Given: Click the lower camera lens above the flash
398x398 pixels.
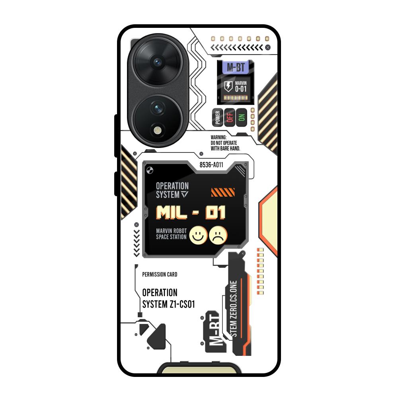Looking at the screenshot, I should (158, 107).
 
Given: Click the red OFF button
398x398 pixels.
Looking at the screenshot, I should (229, 117).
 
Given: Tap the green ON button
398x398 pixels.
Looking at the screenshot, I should (241, 117).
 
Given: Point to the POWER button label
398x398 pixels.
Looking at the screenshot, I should (217, 117).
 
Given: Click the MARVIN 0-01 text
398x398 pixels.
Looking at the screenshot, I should (241, 86).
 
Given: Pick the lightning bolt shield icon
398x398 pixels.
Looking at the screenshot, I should (228, 86).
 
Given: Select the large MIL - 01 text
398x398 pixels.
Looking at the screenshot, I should (191, 213).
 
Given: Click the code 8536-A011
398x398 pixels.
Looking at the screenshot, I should (211, 165).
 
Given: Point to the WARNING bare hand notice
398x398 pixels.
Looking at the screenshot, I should (225, 142).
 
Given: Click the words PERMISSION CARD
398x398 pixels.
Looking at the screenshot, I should (160, 274).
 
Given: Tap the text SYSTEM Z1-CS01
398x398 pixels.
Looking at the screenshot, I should (168, 304).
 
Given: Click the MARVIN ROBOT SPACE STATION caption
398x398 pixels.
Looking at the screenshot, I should (171, 234).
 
